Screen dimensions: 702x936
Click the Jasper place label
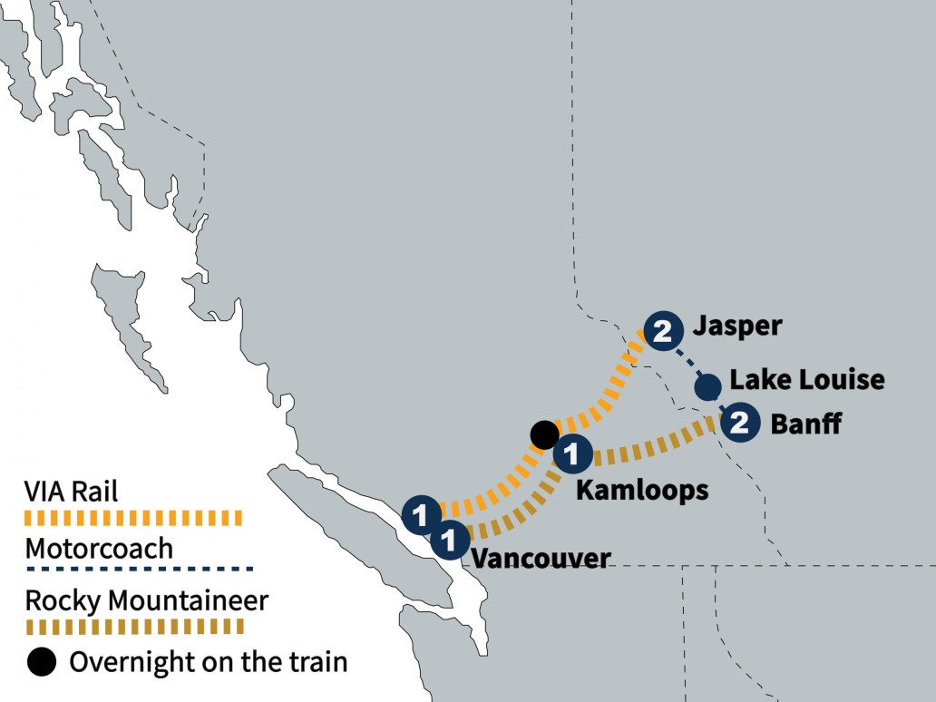[x=736, y=327]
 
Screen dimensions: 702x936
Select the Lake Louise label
[x=806, y=380]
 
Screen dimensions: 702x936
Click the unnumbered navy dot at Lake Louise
[x=707, y=388]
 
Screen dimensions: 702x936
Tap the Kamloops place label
[x=642, y=490]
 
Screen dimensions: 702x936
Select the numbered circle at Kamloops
[x=573, y=453]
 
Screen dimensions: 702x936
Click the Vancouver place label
[x=540, y=557]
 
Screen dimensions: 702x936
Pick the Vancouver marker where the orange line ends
[x=420, y=514]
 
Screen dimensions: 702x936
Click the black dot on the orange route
[x=543, y=434]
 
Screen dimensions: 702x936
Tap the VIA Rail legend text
[x=72, y=492]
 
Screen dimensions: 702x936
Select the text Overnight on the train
[x=208, y=662]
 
